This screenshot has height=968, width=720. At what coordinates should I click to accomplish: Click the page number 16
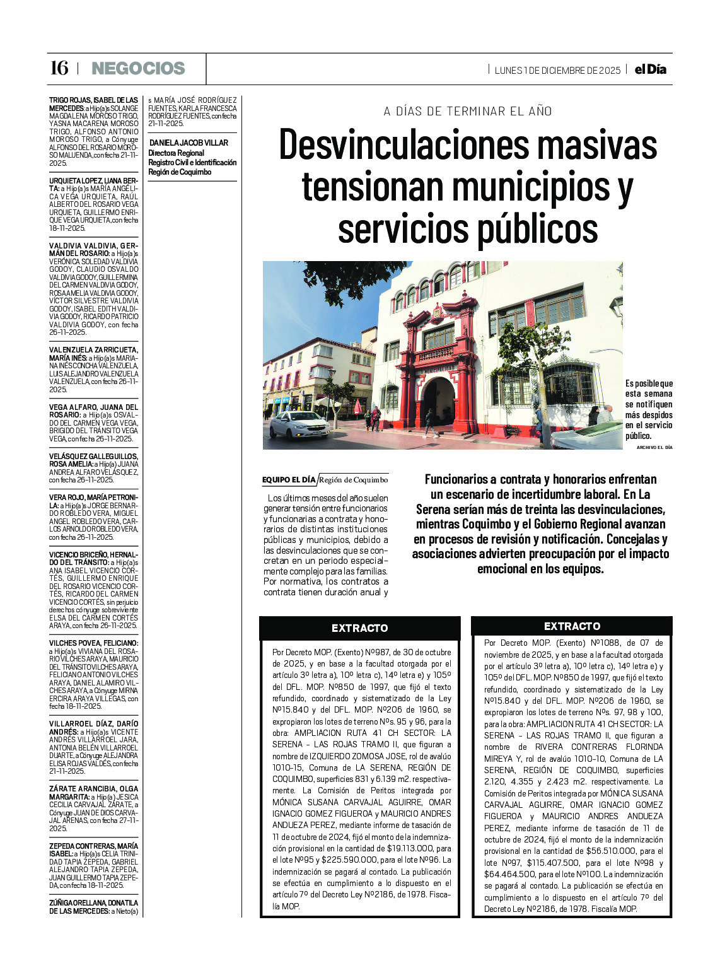tap(59, 68)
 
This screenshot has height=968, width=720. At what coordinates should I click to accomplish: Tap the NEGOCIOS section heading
tap(138, 68)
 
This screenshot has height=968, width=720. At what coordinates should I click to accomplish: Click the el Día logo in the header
tap(650, 69)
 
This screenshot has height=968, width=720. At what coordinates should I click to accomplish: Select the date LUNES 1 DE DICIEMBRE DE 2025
tap(557, 70)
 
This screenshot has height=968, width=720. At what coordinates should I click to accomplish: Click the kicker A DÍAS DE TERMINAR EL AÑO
tap(468, 112)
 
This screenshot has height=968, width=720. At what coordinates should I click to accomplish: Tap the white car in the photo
tap(299, 425)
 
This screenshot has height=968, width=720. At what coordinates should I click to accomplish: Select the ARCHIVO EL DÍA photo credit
tap(654, 447)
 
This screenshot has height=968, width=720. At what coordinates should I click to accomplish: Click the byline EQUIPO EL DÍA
tap(289, 480)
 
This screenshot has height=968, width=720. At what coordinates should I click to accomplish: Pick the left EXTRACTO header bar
tap(359, 628)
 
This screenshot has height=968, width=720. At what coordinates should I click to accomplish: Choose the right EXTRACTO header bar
tap(571, 626)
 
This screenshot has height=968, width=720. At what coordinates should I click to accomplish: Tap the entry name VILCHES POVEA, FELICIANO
tap(93, 643)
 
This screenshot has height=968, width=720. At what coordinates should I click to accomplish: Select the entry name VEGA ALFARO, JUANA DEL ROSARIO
tap(93, 411)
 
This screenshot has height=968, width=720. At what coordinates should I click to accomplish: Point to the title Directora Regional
tap(176, 153)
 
